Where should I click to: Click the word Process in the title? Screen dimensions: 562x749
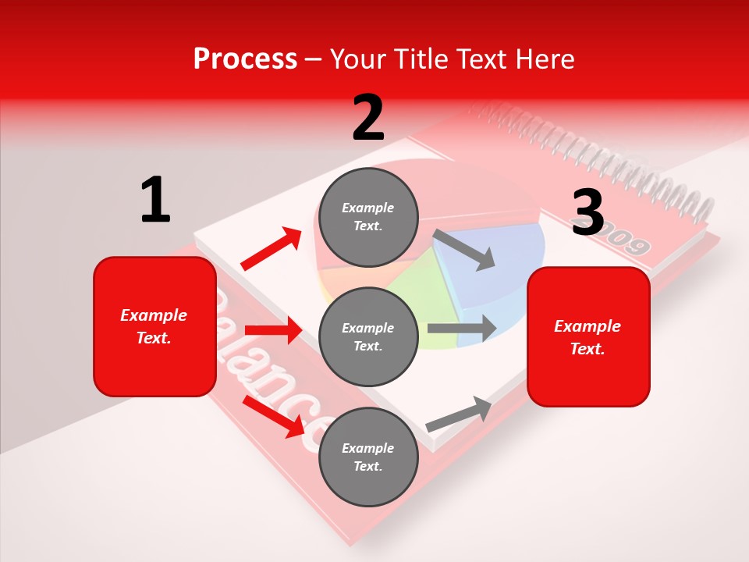245,59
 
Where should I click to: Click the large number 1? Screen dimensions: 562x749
155,200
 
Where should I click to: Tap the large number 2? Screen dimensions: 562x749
368,117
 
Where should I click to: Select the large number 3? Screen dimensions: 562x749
587,212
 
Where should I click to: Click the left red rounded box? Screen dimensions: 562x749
154,326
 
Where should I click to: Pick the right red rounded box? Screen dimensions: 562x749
588,336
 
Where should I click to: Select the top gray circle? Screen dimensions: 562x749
368,217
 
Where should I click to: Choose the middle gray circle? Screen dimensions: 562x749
368,336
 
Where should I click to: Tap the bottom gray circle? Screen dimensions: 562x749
368,457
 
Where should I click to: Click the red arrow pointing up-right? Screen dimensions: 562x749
271,249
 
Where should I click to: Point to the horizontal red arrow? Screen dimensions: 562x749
273,330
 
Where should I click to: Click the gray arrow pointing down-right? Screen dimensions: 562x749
463,250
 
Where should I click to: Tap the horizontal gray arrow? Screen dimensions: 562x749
461,329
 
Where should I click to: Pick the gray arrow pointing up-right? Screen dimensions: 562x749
459,414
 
